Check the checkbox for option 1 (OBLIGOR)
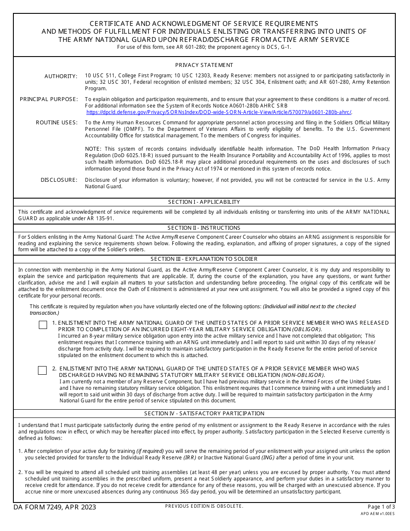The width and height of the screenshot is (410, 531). [43, 325]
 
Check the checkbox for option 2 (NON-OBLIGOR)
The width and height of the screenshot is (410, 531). [42, 370]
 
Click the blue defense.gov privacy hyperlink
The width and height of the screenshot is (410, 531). [218, 112]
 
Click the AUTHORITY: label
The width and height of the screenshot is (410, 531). [61, 76]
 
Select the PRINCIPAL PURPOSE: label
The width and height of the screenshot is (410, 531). [49, 99]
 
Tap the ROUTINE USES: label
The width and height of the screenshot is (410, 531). [57, 123]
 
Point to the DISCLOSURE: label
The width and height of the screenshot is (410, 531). [59, 180]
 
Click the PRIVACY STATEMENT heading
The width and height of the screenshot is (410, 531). [204, 65]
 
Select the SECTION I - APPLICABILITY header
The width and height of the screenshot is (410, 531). [204, 202]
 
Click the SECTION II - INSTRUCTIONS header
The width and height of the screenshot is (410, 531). [204, 228]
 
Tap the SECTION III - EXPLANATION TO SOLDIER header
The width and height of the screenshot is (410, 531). [204, 259]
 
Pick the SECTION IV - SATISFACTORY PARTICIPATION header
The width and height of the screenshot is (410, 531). [204, 414]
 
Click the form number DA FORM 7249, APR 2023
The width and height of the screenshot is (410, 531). [55, 507]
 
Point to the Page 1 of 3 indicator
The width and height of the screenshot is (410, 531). [381, 507]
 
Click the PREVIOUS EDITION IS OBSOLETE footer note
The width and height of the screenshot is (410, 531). [204, 506]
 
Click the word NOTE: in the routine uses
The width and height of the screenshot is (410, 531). [94, 149]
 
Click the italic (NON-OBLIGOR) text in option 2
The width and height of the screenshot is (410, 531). [303, 375]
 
